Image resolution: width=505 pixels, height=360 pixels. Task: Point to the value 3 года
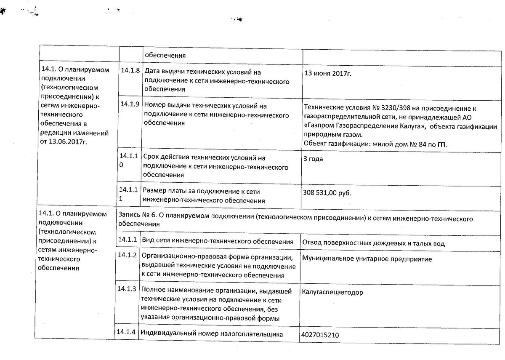[313, 159]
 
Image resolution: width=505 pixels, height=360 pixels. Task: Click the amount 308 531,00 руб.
[327, 193]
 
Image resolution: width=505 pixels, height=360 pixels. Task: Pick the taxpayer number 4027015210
[320, 335]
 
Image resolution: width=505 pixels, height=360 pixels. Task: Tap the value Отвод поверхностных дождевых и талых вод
[373, 243]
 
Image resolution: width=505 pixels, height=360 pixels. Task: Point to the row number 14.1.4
[127, 331]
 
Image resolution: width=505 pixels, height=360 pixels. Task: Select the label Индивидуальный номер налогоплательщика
[212, 333]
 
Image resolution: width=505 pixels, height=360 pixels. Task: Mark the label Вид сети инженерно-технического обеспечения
[218, 241]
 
